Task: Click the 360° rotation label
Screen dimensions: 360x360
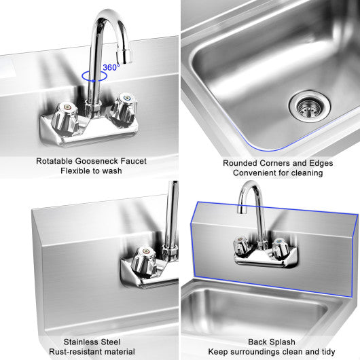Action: pos(111,67)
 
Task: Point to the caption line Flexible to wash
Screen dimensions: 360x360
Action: pos(90,171)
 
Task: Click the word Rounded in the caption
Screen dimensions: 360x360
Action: pos(238,163)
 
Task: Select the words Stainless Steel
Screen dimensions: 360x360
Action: pos(90,342)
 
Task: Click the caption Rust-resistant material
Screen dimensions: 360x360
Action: pos(90,351)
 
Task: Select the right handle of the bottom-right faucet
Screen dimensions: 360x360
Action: pos(278,251)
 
